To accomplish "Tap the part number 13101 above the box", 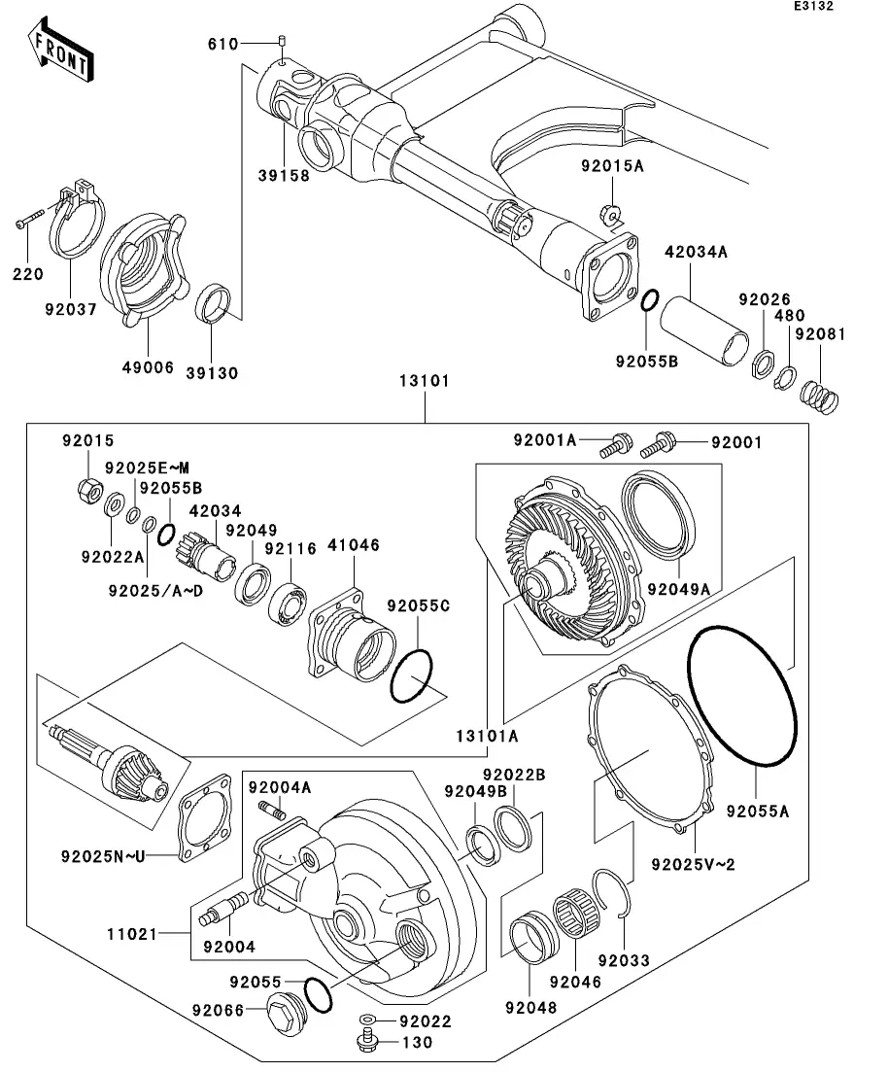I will click(424, 382).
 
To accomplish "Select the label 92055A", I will click(758, 807).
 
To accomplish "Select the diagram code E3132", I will click(813, 7).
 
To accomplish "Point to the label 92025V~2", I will click(693, 863).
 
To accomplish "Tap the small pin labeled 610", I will click(282, 41).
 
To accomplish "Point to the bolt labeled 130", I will click(366, 1044).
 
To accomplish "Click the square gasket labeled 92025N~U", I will click(206, 813).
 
